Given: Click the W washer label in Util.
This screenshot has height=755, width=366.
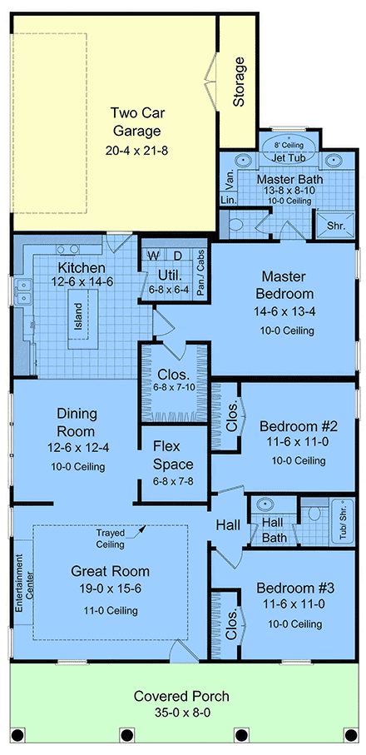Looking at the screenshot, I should pyautogui.click(x=154, y=254).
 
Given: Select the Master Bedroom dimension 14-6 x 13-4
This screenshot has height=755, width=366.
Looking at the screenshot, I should pyautogui.click(x=287, y=311).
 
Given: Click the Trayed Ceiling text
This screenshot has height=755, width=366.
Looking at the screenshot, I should pyautogui.click(x=110, y=538).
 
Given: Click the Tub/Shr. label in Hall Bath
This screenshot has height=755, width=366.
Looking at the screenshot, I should pyautogui.click(x=340, y=520).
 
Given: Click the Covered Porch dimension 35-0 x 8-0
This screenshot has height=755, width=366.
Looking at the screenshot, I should pyautogui.click(x=181, y=713).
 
